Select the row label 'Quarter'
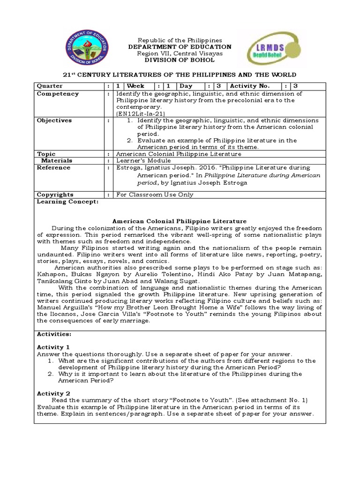[50, 86]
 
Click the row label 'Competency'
[58, 94]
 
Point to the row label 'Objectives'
[54, 120]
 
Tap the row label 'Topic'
[46, 154]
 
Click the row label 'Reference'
[53, 167]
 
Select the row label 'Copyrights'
[55, 195]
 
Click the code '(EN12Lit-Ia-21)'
[140, 113]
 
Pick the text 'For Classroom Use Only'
[154, 195]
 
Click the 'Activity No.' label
[249, 86]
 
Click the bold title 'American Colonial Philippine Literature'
[180, 221]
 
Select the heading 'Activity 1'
[53, 347]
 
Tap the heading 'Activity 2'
[53, 393]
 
